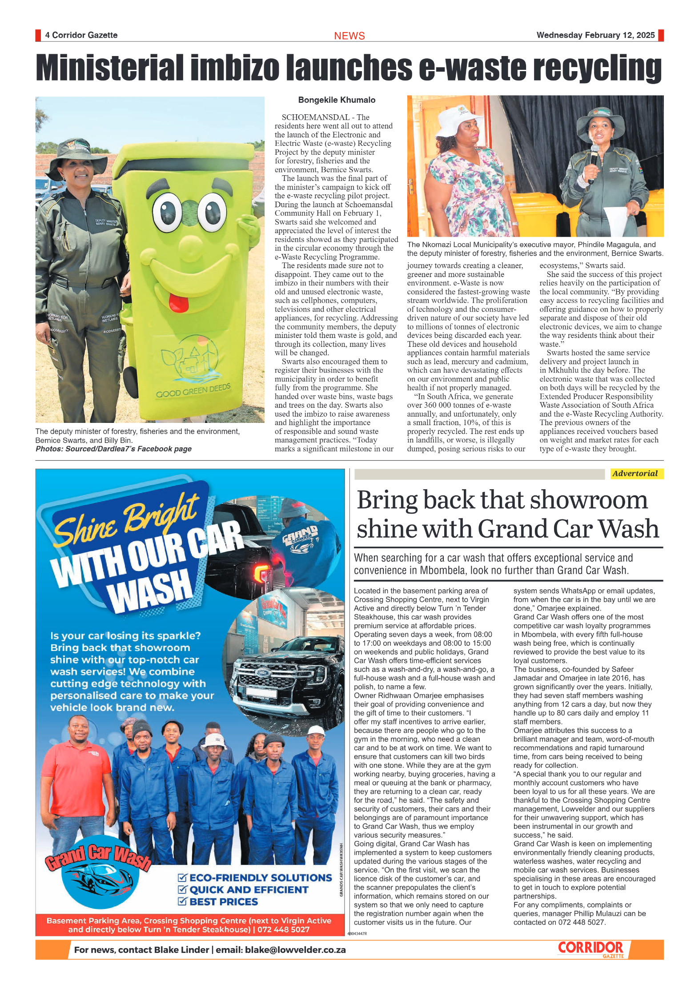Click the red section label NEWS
pos(349,36)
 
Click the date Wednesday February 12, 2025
pos(595,35)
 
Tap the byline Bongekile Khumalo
pos(337,100)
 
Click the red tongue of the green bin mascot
pos(179,302)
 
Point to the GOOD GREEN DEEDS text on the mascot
pos(193,390)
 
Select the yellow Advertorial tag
pos(636,474)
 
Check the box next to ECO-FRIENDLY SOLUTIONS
pos(182,877)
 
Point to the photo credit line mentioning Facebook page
pos(113,449)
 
